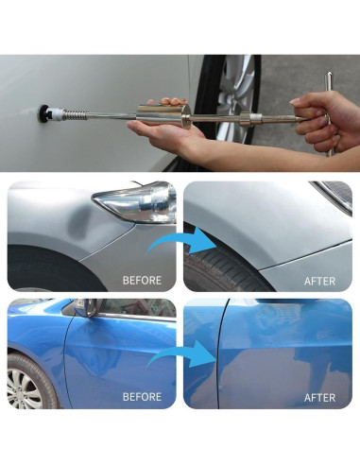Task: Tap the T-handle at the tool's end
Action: [x=330, y=114]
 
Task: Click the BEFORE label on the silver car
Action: [x=142, y=281]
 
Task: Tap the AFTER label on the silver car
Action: [x=320, y=281]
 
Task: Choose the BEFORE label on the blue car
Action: [x=142, y=397]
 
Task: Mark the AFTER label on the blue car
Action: [x=320, y=397]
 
